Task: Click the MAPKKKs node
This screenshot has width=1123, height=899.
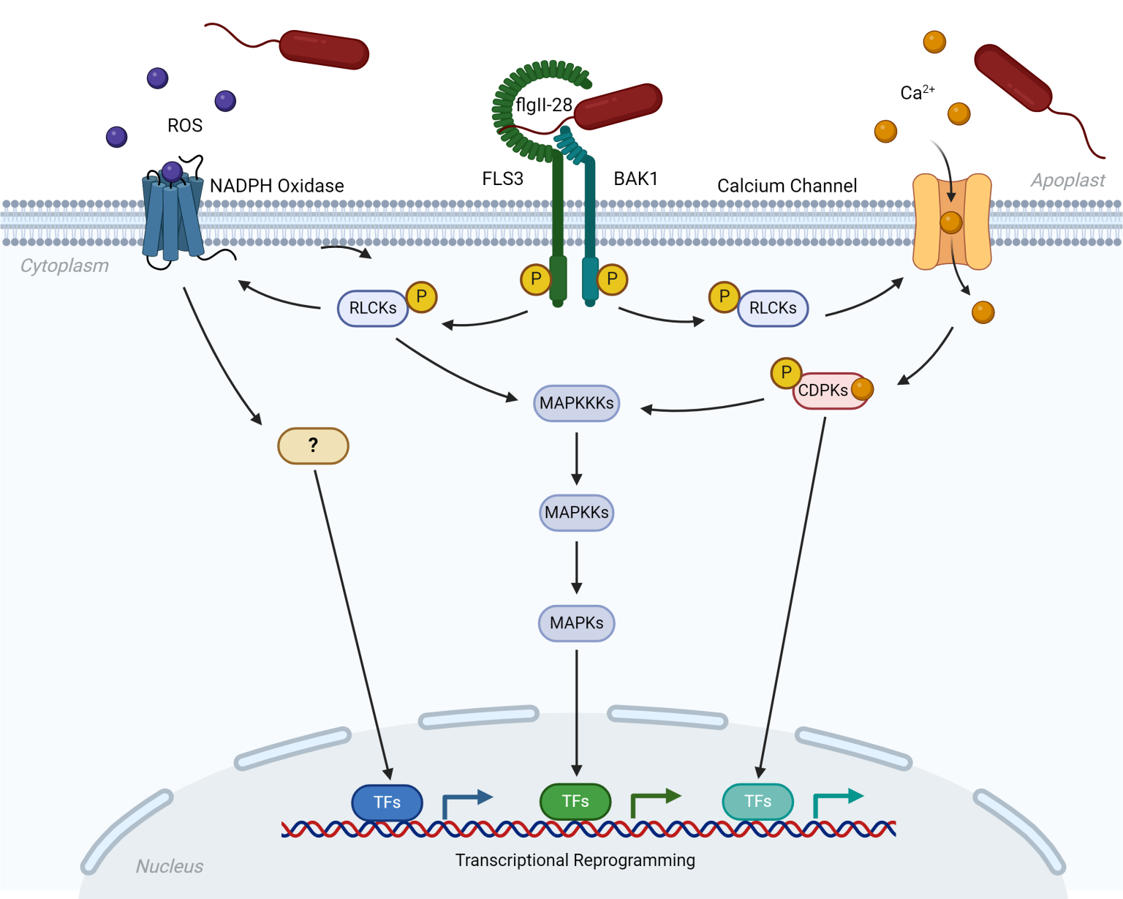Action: (x=576, y=403)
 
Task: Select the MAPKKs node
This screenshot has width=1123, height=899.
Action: (x=576, y=512)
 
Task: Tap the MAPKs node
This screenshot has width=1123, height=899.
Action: (x=576, y=623)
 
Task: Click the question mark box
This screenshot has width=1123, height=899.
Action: (x=313, y=445)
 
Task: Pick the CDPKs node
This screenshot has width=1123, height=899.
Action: (x=824, y=391)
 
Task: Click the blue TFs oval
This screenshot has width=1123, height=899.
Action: (x=387, y=802)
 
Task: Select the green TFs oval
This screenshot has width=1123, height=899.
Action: (x=575, y=802)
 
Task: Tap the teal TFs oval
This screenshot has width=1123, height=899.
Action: (x=757, y=802)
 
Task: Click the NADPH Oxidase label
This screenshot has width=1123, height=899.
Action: (x=276, y=186)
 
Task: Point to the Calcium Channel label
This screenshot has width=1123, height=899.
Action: (x=787, y=186)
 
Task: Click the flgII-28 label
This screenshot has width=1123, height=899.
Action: (x=543, y=105)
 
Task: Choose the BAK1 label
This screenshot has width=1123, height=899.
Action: (x=635, y=178)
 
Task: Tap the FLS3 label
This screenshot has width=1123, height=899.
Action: (x=502, y=178)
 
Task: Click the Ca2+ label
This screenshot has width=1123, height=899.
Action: (x=917, y=92)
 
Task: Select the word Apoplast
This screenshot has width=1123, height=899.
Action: (x=1067, y=180)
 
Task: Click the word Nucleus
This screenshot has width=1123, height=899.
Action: (x=170, y=866)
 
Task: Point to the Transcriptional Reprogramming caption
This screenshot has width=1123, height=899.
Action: (x=575, y=860)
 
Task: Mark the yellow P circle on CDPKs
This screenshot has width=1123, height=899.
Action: (x=786, y=373)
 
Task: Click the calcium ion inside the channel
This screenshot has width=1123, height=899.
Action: (x=950, y=222)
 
